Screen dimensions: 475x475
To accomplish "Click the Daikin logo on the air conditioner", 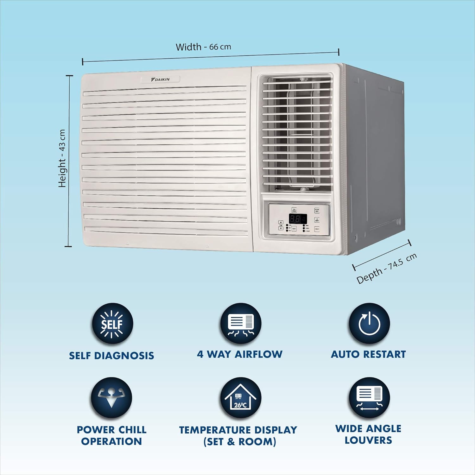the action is click(x=160, y=79).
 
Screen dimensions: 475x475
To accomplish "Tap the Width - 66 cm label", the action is click(x=203, y=47).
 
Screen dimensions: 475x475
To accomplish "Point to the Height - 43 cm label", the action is click(x=62, y=158).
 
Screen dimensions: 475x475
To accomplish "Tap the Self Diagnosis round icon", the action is click(x=112, y=324).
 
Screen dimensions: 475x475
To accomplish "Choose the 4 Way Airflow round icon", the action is click(x=241, y=324).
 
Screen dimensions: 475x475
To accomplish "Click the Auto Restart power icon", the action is click(x=369, y=324).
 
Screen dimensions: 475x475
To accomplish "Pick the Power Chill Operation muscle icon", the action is click(x=111, y=397).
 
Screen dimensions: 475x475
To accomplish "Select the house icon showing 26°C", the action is click(x=241, y=398).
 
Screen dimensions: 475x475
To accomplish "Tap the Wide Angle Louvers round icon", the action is click(x=369, y=398).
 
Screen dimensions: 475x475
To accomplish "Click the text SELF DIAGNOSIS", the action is click(x=111, y=356).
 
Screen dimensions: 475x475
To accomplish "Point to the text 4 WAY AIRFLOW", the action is click(x=240, y=354).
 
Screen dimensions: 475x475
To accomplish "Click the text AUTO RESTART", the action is click(x=368, y=354).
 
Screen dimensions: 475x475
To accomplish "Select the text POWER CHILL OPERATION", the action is click(x=111, y=435).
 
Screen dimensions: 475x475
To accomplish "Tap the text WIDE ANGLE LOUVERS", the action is click(x=368, y=434).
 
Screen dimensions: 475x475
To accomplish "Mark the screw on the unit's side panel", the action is click(x=355, y=238).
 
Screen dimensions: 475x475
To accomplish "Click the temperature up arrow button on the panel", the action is click(x=281, y=223).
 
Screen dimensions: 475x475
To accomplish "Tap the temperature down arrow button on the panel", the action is click(x=281, y=228).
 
